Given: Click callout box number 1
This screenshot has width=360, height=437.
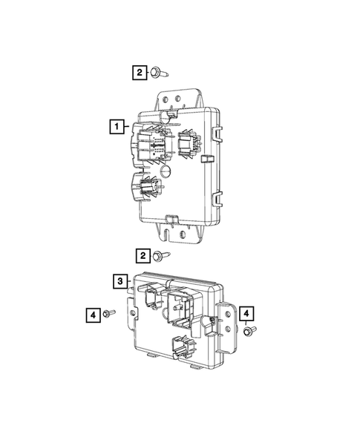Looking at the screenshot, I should pos(117,127).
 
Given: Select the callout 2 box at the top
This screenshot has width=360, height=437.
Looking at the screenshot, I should pos(140,72).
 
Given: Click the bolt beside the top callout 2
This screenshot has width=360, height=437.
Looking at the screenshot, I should pos(158,73).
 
